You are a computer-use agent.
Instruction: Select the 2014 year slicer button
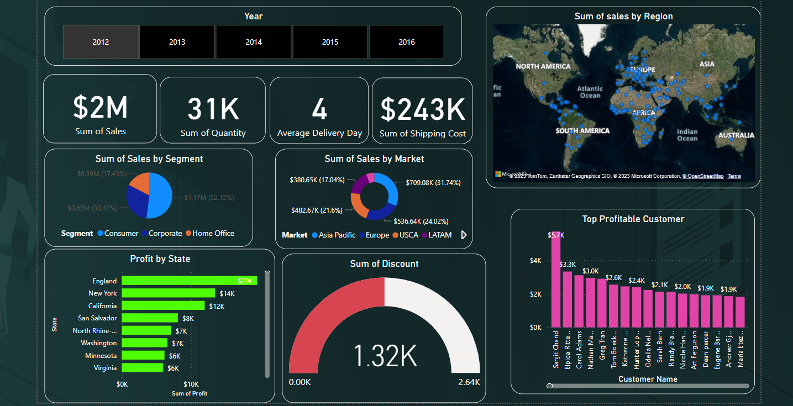pos(254,42)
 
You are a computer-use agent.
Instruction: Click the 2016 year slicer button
pos(406,42)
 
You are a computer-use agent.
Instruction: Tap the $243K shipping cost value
pos(423,109)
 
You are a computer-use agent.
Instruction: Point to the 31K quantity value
pos(213,109)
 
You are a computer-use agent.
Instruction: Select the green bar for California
pos(163,305)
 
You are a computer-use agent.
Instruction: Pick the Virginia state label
pos(105,368)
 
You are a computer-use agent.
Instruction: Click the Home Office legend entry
pos(213,234)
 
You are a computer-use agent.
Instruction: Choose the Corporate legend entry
pos(165,234)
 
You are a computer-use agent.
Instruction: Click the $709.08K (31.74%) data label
pos(433,182)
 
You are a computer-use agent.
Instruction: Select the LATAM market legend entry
pos(440,235)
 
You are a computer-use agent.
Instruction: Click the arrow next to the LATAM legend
pos(464,235)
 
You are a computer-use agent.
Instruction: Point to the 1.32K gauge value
pos(385,356)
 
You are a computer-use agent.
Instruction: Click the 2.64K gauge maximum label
pos(469,382)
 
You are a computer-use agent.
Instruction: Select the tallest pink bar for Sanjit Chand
pos(556,280)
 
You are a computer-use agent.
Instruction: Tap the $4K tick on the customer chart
pos(535,261)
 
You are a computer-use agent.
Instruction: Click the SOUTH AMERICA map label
pos(582,131)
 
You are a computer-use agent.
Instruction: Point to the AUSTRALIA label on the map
pos(736,135)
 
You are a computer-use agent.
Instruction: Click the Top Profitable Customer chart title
pos(633,219)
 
